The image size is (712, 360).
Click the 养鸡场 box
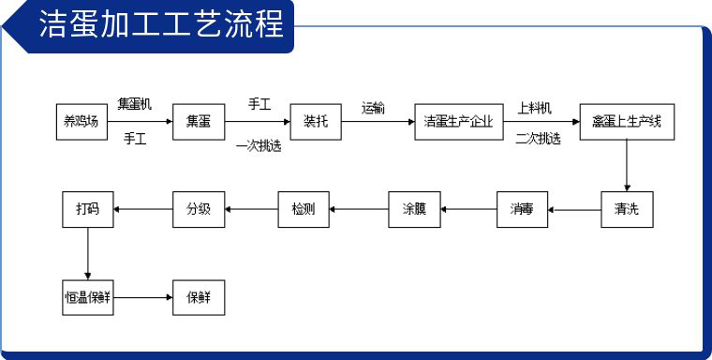[x=81, y=121]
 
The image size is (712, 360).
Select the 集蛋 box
[x=199, y=121]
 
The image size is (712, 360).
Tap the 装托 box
[x=314, y=121]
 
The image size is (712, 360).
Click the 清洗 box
[x=627, y=208]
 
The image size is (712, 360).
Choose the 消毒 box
[x=522, y=208]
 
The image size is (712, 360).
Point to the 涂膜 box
[x=414, y=208]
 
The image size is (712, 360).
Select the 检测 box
[x=304, y=208]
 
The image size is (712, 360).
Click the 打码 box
[x=87, y=208]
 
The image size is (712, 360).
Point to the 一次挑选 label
[x=259, y=145]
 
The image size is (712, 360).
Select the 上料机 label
[x=535, y=106]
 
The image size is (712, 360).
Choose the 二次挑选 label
[x=538, y=139]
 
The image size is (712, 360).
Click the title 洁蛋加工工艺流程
[x=160, y=25]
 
